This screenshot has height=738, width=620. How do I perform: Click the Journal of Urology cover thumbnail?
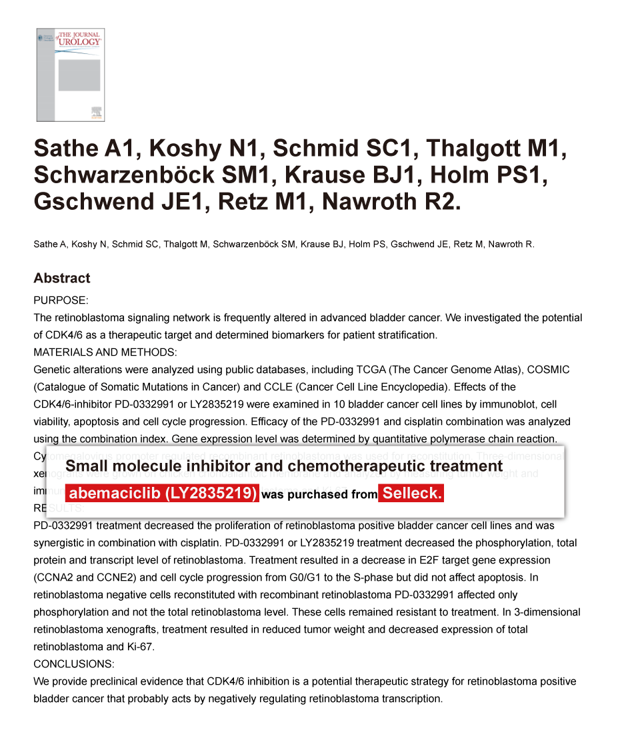[70, 75]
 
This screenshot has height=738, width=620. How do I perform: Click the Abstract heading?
[62, 278]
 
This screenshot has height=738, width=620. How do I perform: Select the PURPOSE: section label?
[61, 300]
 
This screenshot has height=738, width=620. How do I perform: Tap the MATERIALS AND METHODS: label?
[105, 352]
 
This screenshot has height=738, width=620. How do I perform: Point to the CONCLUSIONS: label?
[73, 664]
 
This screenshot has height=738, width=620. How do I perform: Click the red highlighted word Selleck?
[411, 494]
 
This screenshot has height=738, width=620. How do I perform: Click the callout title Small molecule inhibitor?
[283, 466]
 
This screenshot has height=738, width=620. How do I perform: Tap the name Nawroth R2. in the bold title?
[391, 202]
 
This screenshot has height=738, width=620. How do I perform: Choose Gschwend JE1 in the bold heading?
[115, 202]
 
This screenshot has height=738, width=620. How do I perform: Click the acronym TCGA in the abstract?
[371, 370]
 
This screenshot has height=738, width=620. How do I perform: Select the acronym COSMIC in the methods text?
[549, 370]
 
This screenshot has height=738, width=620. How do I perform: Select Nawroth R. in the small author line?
[511, 244]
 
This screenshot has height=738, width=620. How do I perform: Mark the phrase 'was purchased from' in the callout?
[319, 494]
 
